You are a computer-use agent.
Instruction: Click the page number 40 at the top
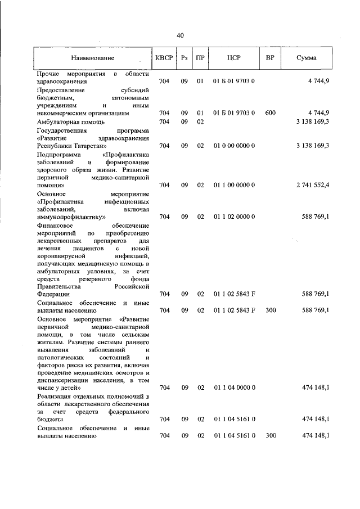(x=180, y=35)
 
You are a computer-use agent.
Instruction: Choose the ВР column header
(x=270, y=58)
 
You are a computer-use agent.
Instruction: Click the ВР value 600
(x=270, y=113)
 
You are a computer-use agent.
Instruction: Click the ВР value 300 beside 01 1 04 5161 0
(x=270, y=436)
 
